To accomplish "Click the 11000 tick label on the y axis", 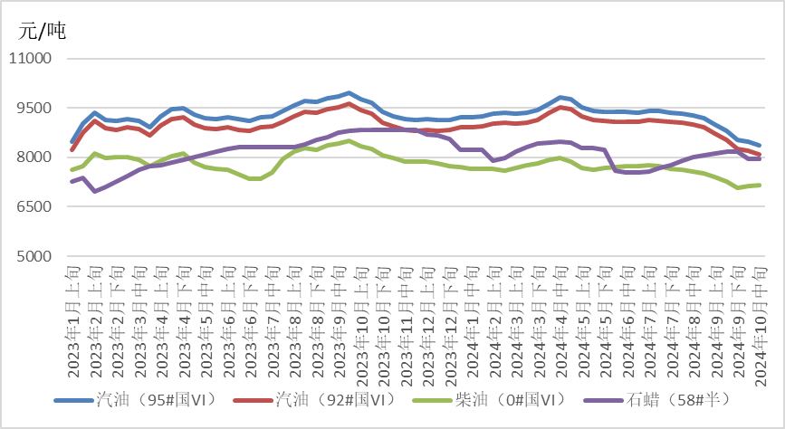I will click(x=32, y=59).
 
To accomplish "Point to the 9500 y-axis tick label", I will click(x=35, y=109).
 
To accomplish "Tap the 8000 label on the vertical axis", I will click(x=35, y=157).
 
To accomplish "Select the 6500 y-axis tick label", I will click(x=35, y=207).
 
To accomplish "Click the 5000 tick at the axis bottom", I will click(x=35, y=257).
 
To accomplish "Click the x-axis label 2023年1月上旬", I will click(x=72, y=321).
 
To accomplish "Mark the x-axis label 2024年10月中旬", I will click(x=759, y=321).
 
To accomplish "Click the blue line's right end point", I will click(x=759, y=145).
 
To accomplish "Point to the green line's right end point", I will click(x=759, y=185).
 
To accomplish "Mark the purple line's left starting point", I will click(x=72, y=182).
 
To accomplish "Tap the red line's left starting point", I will click(x=72, y=149).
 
